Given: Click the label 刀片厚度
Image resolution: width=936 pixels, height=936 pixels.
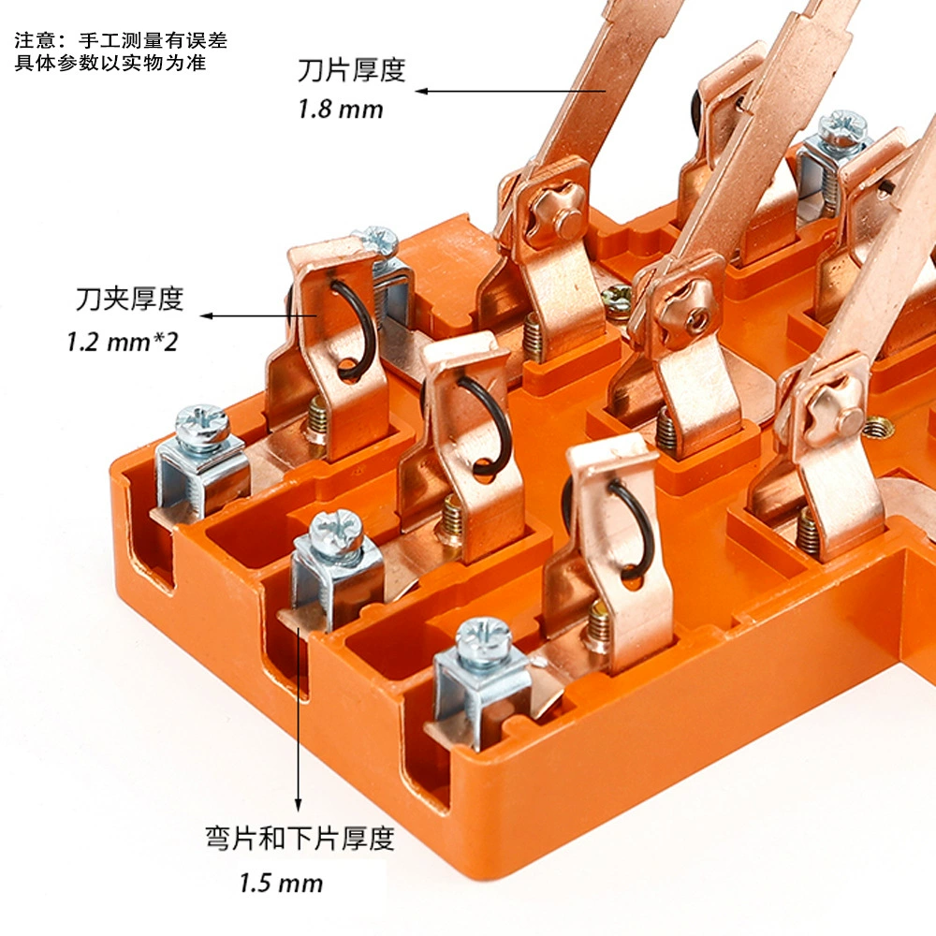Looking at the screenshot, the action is (x=352, y=70).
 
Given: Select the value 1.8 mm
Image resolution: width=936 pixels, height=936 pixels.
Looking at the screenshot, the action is (x=341, y=110).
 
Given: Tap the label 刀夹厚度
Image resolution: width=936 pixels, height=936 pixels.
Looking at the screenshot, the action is (x=129, y=299).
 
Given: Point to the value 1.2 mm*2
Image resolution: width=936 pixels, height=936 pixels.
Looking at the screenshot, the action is (x=123, y=342).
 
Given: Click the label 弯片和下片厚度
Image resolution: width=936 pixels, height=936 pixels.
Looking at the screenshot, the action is (x=300, y=838).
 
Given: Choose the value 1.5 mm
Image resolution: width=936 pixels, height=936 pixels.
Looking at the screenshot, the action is (x=281, y=883).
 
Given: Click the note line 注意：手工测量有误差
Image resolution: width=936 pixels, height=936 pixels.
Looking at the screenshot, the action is (x=121, y=40).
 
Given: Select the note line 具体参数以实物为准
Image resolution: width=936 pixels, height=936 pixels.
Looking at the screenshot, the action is (x=110, y=63).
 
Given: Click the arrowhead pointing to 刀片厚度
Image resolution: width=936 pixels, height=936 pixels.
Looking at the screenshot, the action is (x=422, y=91).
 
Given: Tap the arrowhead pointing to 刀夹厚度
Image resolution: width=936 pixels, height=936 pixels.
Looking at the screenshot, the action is (x=207, y=315).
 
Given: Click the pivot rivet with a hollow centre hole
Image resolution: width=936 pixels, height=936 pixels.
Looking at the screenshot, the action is (x=695, y=311).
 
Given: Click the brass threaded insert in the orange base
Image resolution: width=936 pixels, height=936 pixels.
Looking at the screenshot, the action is (x=879, y=428).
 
